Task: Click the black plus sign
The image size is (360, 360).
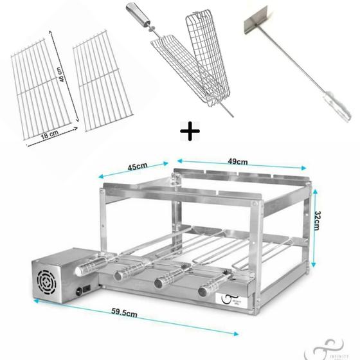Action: [x=189, y=134]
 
